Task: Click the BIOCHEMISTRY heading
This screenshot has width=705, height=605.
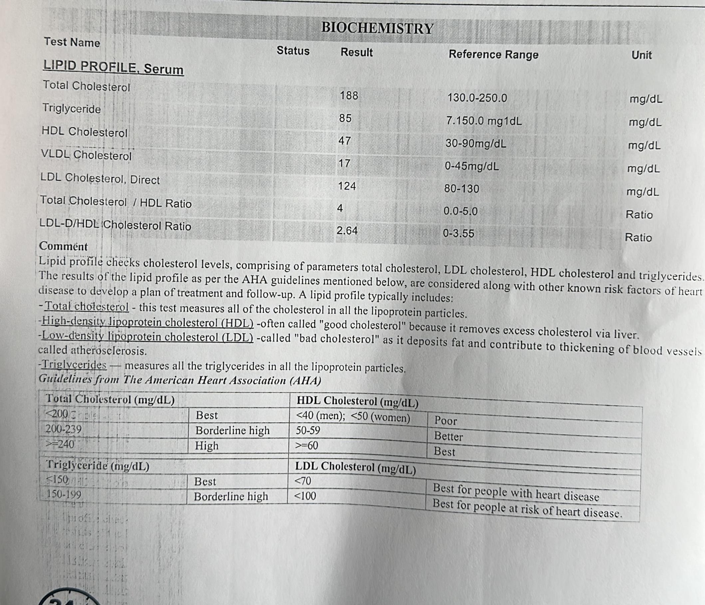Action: [377, 28]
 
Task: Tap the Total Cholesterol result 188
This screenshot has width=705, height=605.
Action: [349, 95]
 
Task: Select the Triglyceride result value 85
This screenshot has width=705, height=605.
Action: [346, 118]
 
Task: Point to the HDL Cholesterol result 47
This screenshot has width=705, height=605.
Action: [345, 141]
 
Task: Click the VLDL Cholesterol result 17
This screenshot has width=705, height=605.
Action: [344, 163]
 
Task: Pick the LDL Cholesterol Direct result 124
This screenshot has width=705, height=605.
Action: [347, 186]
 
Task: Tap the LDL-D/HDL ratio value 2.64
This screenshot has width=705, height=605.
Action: [347, 231]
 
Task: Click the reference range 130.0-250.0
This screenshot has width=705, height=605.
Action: [477, 98]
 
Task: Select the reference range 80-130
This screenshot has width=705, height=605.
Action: [462, 188]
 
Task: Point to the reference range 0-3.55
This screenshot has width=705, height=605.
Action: [458, 233]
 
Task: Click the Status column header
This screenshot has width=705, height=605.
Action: [293, 51]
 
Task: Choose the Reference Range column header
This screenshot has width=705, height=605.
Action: [493, 55]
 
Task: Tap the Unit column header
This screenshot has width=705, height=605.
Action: [641, 55]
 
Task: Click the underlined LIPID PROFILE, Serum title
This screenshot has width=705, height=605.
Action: [113, 67]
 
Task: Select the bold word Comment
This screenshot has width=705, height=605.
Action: [63, 246]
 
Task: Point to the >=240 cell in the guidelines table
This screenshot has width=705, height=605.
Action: [61, 444]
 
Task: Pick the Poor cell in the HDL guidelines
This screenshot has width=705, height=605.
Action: [445, 421]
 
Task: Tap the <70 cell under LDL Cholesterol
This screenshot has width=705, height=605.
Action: [303, 481]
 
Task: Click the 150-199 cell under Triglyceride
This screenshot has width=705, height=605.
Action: [64, 494]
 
